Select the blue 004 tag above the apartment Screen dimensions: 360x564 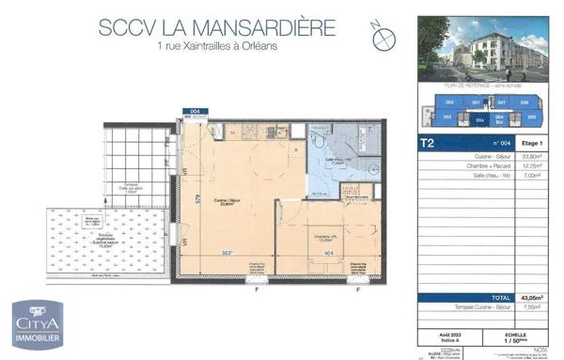(x=196, y=111)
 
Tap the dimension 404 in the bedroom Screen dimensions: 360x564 (x=328, y=253)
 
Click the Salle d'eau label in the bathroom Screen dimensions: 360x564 (x=339, y=159)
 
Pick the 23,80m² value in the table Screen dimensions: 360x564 (x=533, y=158)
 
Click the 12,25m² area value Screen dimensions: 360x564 (x=533, y=166)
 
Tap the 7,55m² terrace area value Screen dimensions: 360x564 (x=533, y=306)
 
